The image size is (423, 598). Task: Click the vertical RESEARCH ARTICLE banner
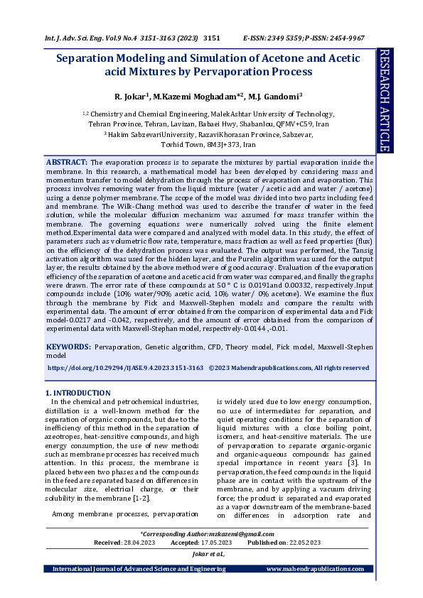385,101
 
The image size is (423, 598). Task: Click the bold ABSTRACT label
68,163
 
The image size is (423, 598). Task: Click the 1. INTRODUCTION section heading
77,393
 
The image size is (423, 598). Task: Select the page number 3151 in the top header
213,37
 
